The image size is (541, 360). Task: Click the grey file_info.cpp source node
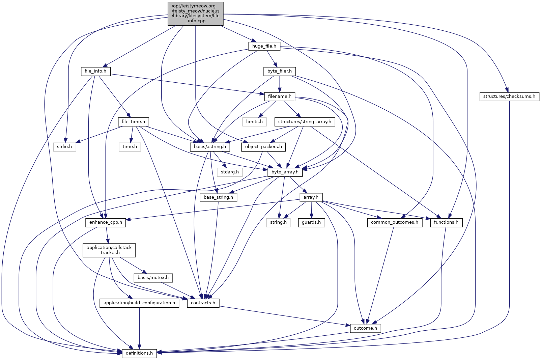tap(196, 13)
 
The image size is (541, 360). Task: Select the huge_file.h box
tap(264, 46)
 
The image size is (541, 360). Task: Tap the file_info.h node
tap(95, 71)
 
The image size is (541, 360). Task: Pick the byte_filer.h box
tap(279, 71)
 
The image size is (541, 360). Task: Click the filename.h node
tap(280, 96)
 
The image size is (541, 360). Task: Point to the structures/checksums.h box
tap(509, 96)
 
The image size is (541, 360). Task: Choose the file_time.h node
tap(133, 122)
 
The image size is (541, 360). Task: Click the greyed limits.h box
tap(254, 122)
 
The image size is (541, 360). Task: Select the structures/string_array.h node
tap(305, 122)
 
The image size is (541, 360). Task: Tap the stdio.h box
tap(64, 147)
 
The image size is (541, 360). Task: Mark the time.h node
tap(130, 147)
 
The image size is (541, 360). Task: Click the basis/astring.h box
tap(210, 147)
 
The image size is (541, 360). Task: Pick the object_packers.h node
tap(263, 147)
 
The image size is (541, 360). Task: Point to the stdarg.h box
tap(230, 172)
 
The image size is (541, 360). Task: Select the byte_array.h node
tap(285, 172)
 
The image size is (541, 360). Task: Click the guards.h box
tap(311, 222)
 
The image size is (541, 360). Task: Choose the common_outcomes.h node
tap(394, 222)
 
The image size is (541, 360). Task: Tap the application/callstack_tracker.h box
tap(109, 250)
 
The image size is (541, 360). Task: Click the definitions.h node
tap(139, 353)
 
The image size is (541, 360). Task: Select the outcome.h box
tap(365, 328)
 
